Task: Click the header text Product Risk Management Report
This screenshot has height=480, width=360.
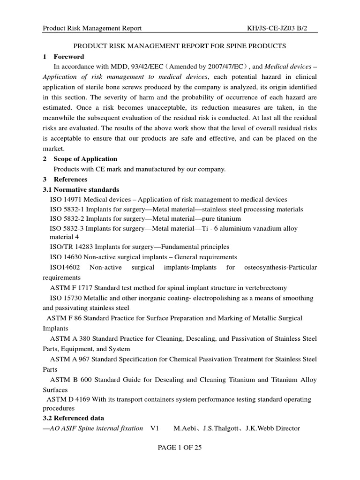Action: (x=92, y=29)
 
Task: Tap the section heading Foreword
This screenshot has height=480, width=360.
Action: (x=69, y=57)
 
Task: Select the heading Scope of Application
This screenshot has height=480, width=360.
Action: (x=85, y=159)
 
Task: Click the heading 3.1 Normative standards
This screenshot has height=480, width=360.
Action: (x=81, y=189)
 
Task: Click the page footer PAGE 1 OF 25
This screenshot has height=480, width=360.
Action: (x=180, y=448)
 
